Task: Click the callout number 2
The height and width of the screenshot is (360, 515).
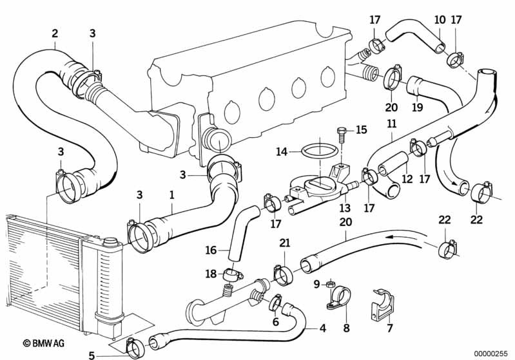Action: click(x=55, y=33)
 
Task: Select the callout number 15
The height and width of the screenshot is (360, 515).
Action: click(x=361, y=130)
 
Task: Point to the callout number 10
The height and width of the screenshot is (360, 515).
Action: click(x=439, y=20)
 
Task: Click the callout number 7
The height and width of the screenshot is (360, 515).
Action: click(x=389, y=329)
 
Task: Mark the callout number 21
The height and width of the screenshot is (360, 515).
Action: click(x=284, y=243)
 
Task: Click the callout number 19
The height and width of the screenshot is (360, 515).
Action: click(x=418, y=107)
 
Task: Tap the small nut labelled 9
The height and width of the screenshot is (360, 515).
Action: click(x=329, y=283)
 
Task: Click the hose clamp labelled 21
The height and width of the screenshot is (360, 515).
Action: click(x=283, y=274)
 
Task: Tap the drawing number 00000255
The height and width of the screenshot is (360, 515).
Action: click(x=491, y=354)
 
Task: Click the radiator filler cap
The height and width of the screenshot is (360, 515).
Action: click(x=111, y=242)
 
